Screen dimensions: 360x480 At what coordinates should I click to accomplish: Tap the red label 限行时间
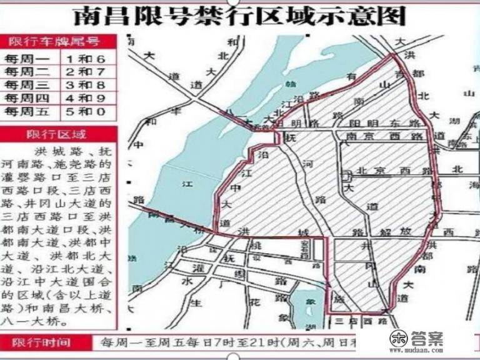[x=39, y=342]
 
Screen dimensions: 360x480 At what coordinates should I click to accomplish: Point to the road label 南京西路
[x=386, y=136]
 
